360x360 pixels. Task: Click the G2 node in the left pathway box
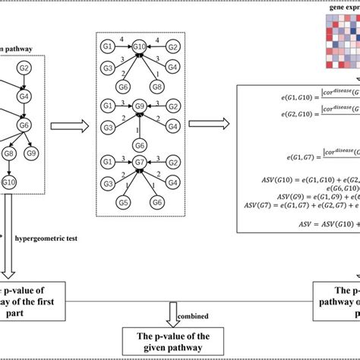tap(24, 68)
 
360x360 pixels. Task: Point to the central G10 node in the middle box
tap(139, 47)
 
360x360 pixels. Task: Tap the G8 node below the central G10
tap(158, 86)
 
